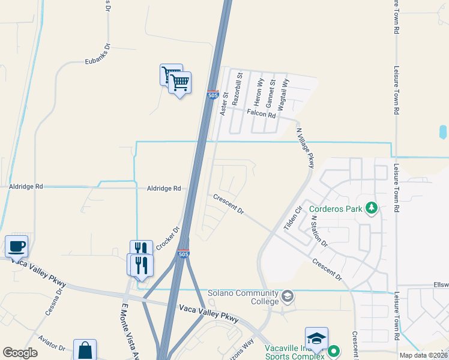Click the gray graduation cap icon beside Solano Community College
(x=288, y=295)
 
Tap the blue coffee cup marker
(x=16, y=245)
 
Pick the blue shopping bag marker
(x=85, y=350)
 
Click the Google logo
(x=20, y=353)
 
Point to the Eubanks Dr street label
(x=98, y=61)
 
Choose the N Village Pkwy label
(x=306, y=147)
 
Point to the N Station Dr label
(x=319, y=233)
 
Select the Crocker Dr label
(x=168, y=239)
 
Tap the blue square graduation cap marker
(x=316, y=338)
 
